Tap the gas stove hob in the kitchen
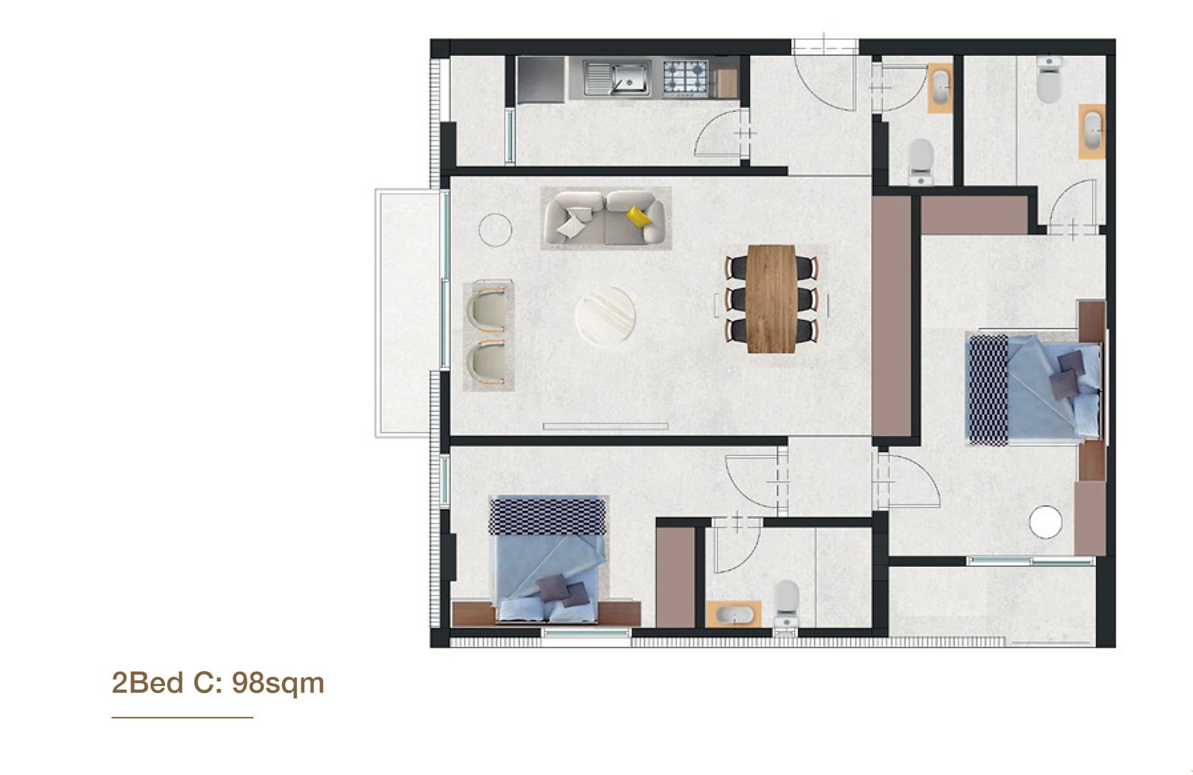686,77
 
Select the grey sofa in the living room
605,218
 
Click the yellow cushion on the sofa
638,216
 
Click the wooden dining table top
771,299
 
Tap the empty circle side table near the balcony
495,230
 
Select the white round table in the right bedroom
1045,522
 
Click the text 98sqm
278,683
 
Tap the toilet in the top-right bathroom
1049,80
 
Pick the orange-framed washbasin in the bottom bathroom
734,614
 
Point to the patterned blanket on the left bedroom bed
548,516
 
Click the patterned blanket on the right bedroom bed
988,390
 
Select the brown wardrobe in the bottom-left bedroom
675,577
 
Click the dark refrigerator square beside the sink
540,80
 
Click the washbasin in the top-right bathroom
1092,131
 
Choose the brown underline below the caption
182,718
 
